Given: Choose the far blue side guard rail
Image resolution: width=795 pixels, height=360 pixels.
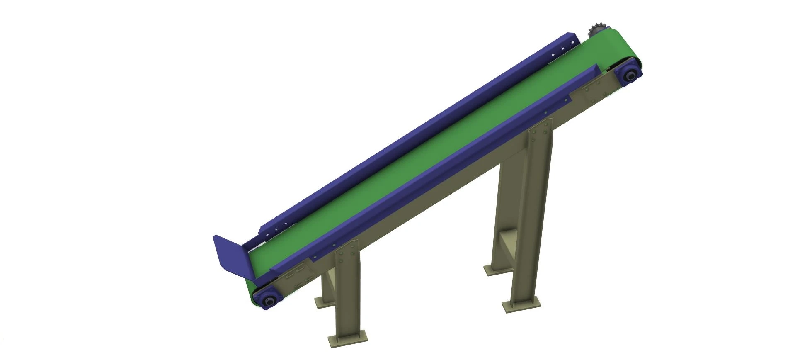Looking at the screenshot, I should tap(414, 133).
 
